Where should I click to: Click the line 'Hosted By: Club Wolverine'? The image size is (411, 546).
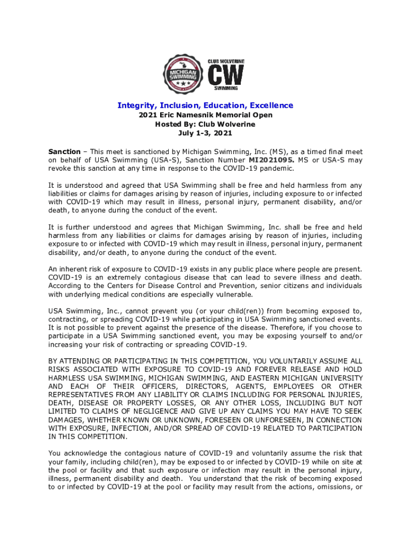205,124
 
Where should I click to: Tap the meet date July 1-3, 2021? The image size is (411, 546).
205,133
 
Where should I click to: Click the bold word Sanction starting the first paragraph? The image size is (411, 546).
65,151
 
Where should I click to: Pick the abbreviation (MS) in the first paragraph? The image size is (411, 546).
280,151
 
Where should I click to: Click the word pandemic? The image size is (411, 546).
275,168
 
